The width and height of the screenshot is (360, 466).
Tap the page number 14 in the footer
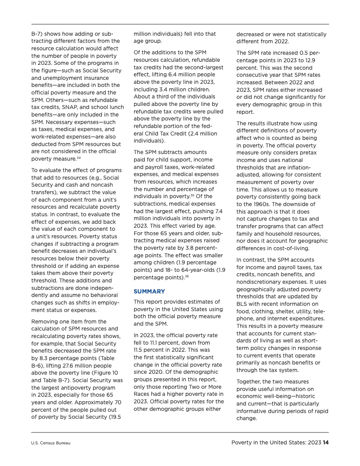coord(326,443)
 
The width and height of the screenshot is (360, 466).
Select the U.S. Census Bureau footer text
coord(51,443)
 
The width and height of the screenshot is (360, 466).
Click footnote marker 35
coord(194,195)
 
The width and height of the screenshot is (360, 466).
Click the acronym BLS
coord(243,304)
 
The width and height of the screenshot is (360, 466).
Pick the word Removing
coord(45,321)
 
